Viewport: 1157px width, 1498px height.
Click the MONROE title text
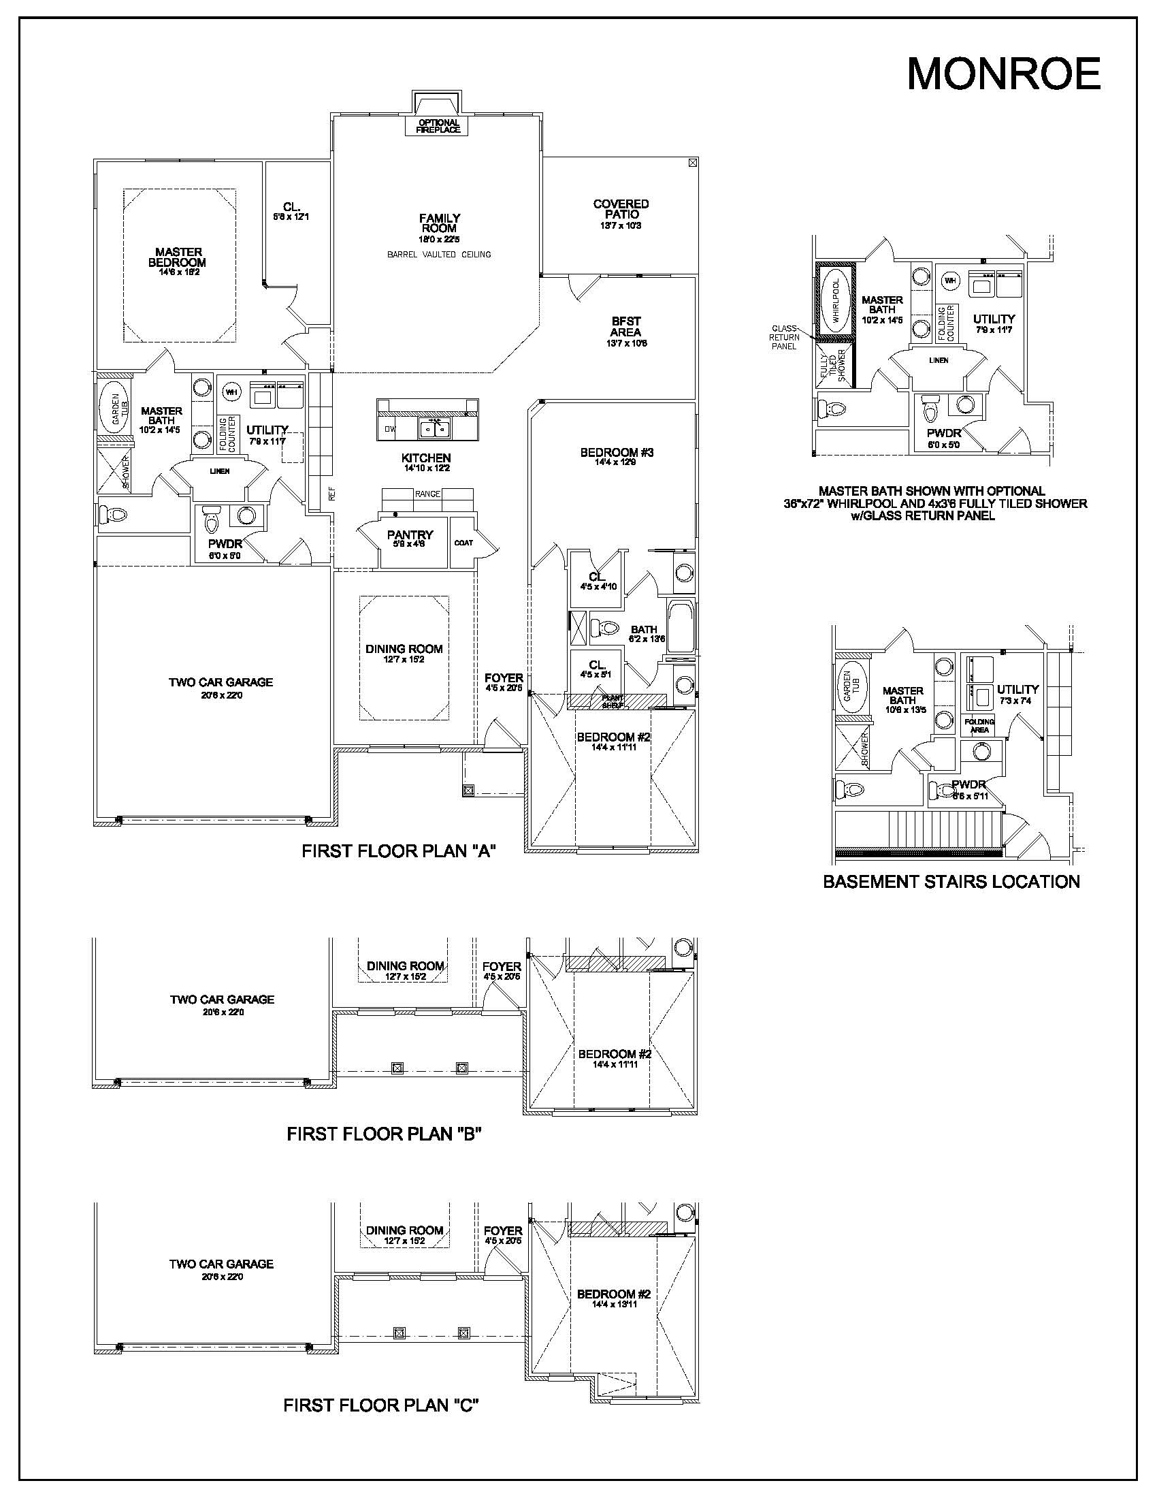[x=1003, y=74]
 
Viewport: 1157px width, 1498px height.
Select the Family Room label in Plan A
[x=440, y=223]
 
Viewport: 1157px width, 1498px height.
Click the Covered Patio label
[x=621, y=209]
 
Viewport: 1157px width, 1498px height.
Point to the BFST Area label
[x=625, y=326]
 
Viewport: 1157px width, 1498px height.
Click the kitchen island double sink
[x=434, y=430]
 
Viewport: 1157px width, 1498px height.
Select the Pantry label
[x=410, y=535]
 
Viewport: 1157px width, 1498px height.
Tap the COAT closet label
[x=463, y=543]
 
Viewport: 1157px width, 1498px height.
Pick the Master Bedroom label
[x=178, y=257]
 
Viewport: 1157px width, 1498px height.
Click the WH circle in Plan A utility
[x=231, y=392]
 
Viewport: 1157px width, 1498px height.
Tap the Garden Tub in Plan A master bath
[x=114, y=409]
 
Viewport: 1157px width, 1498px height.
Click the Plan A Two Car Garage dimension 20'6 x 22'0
[x=221, y=695]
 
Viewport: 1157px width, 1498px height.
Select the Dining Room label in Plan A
[x=404, y=649]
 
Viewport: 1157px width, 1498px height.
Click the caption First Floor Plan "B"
[x=384, y=1134]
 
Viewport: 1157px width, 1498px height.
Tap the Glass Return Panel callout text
[x=783, y=338]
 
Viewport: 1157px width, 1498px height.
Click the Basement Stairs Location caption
[x=951, y=882]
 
